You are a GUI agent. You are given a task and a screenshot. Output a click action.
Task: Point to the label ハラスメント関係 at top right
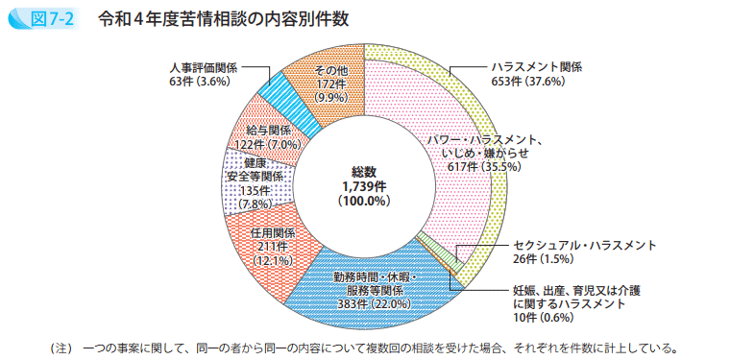click(x=537, y=67)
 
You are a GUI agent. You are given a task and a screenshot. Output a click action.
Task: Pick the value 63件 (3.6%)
click(x=199, y=82)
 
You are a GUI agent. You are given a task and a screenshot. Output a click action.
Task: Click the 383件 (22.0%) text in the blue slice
click(x=373, y=303)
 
